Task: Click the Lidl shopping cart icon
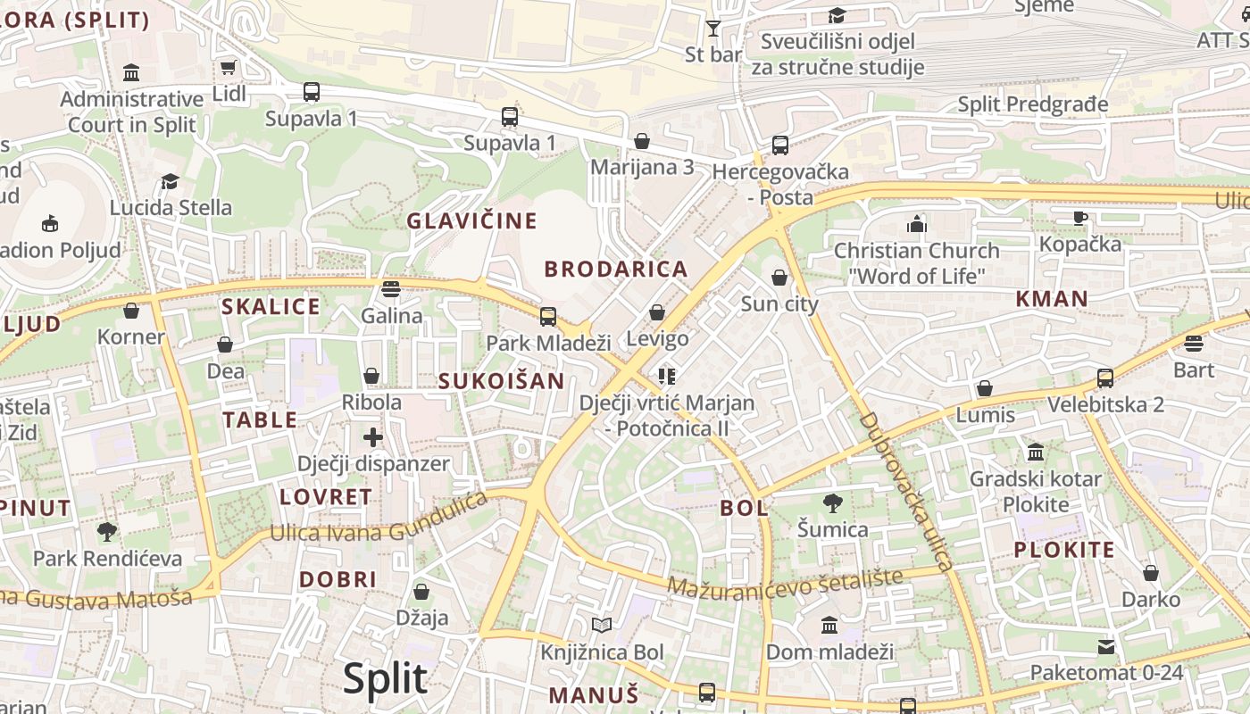pyautogui.click(x=229, y=68)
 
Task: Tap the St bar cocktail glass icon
pyautogui.click(x=712, y=29)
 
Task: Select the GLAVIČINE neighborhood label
pyautogui.click(x=471, y=220)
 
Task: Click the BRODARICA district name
pyautogui.click(x=616, y=269)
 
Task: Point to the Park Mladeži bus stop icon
pyautogui.click(x=547, y=316)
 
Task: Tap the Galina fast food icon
pyautogui.click(x=390, y=288)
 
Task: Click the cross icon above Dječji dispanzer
pyautogui.click(x=373, y=437)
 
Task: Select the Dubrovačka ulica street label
pyautogui.click(x=905, y=491)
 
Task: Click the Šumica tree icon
pyautogui.click(x=832, y=503)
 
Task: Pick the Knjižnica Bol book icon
pyautogui.click(x=602, y=625)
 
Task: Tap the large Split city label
pyautogui.click(x=385, y=678)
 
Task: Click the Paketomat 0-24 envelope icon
pyautogui.click(x=1106, y=646)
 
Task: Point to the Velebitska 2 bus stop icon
pyautogui.click(x=1104, y=378)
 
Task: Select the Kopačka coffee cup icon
pyautogui.click(x=1079, y=218)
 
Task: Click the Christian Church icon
pyautogui.click(x=916, y=223)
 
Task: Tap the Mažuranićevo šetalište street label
pyautogui.click(x=791, y=582)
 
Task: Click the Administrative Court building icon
pyautogui.click(x=131, y=72)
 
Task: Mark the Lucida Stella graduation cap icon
pyautogui.click(x=170, y=182)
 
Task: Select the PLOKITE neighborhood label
pyautogui.click(x=1063, y=549)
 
